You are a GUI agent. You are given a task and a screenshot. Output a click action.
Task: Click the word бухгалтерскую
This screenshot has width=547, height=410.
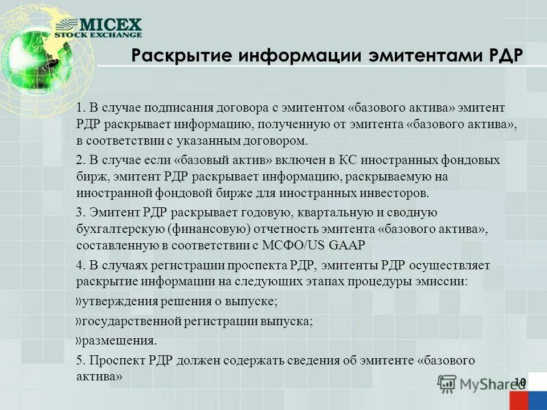(120, 229)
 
